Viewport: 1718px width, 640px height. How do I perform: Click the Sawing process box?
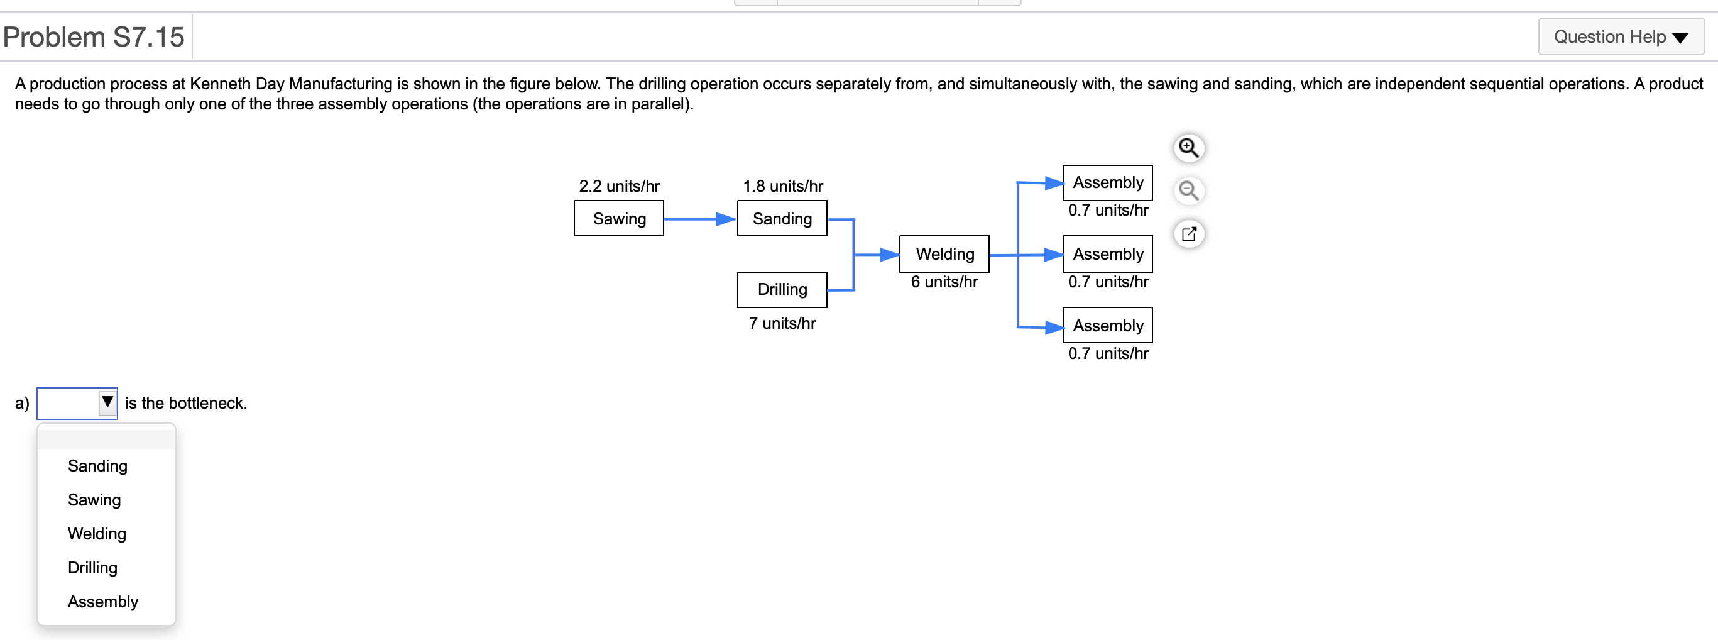(618, 218)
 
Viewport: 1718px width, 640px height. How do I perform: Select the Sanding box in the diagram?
(782, 218)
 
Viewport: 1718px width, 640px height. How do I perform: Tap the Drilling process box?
(782, 289)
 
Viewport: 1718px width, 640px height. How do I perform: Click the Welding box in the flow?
(944, 253)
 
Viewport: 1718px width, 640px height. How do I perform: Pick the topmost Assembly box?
(1107, 182)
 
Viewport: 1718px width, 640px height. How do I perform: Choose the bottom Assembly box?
(1107, 325)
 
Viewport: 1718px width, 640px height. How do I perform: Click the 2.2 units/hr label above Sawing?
(619, 185)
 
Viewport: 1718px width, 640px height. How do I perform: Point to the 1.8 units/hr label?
(782, 185)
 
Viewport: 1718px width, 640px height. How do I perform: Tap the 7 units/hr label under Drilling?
(782, 323)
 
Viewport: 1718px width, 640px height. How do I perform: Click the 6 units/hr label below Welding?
(944, 282)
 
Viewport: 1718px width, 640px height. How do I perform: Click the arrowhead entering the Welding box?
(889, 254)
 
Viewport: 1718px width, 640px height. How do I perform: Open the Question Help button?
(1621, 36)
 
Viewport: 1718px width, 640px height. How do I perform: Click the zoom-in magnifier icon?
(1188, 148)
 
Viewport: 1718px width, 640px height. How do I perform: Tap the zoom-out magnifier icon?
(1188, 191)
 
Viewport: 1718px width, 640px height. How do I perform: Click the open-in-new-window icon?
(1188, 234)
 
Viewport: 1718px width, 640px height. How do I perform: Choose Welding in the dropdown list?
(97, 533)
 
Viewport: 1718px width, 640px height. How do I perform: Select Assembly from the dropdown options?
(102, 601)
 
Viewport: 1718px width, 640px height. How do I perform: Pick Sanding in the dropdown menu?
(97, 465)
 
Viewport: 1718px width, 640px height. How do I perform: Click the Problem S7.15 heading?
(94, 36)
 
